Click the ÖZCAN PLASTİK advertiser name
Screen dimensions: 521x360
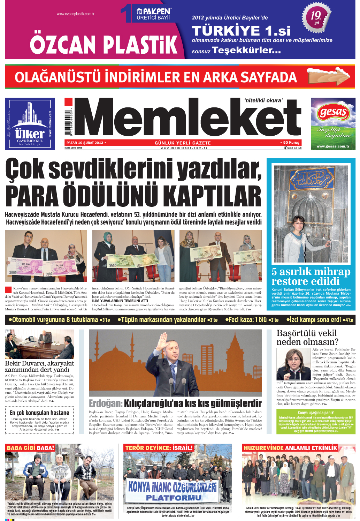pos(104,44)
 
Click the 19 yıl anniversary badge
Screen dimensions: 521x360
pos(316,17)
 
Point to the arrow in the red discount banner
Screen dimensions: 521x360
pos(328,76)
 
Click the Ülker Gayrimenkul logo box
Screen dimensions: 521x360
pos(30,124)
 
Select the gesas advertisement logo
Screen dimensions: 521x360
pos(333,113)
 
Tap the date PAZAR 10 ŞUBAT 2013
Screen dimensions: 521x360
pos(85,143)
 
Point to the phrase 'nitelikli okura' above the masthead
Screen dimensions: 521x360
pos(263,100)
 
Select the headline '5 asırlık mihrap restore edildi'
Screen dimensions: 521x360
pos(311,276)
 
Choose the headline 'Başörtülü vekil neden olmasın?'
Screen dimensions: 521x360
pos(307,337)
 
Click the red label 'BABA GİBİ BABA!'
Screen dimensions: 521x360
pos(31,448)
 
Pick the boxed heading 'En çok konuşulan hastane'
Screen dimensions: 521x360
pos(39,413)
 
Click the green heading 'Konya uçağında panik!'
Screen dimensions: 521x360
pos(316,413)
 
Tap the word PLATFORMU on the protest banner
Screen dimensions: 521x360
pos(174,498)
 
